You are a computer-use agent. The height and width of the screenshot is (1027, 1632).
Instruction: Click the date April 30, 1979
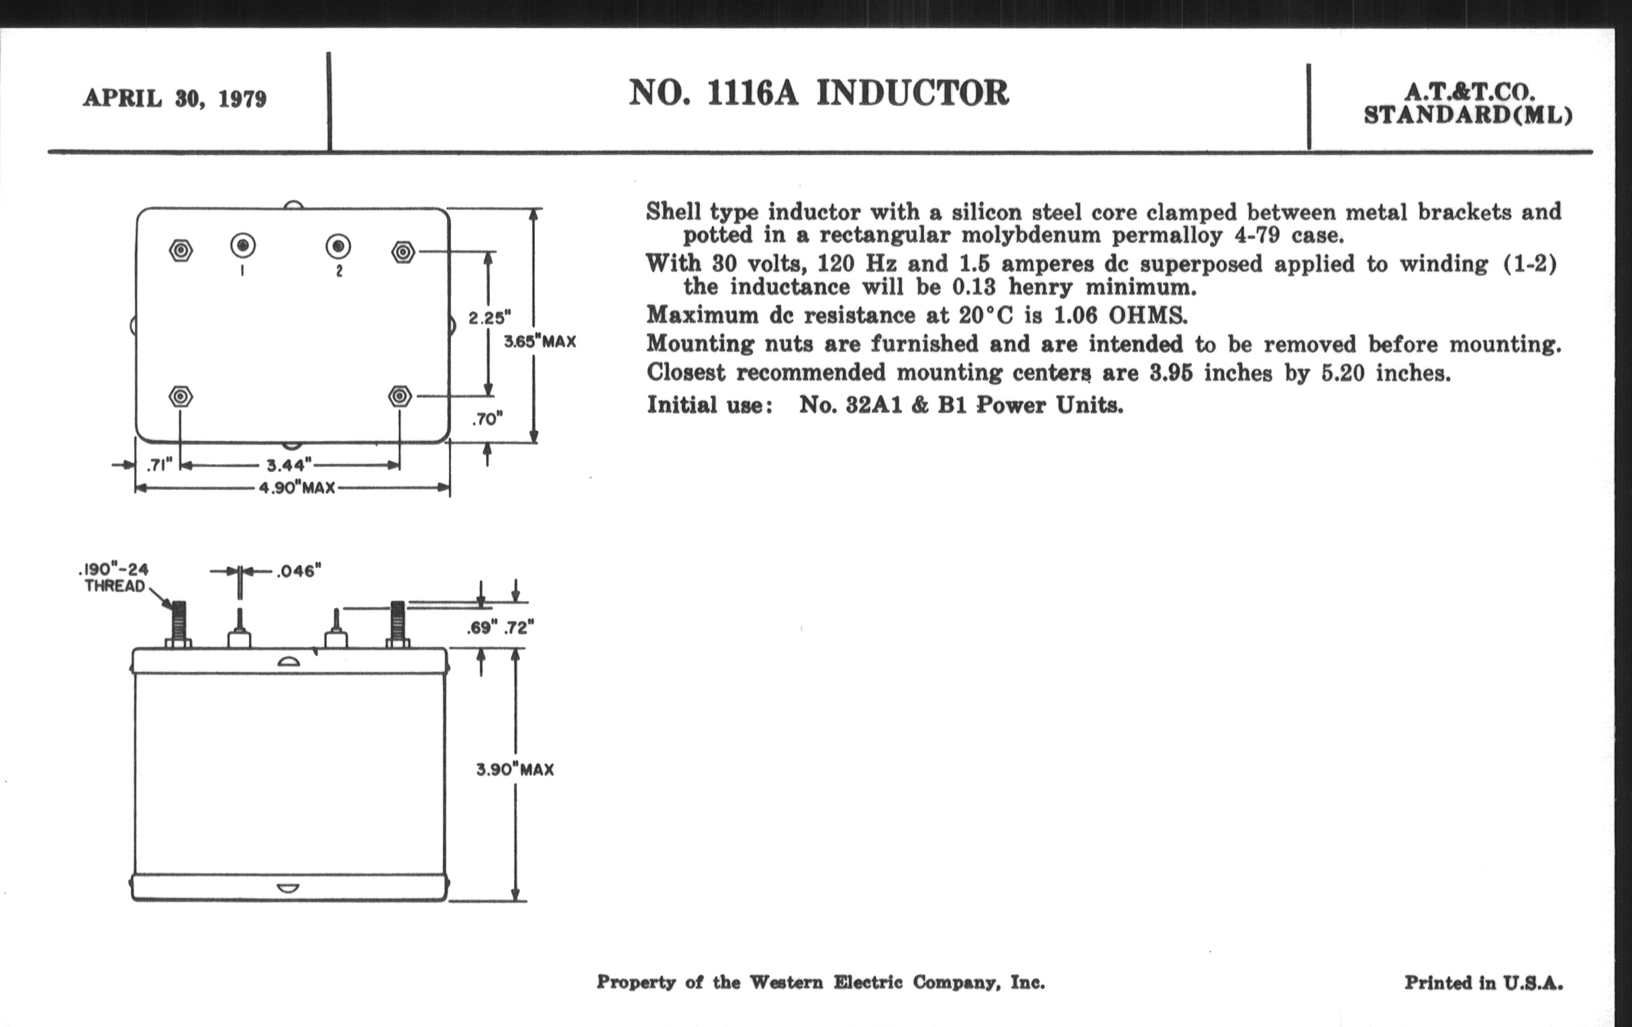pos(175,99)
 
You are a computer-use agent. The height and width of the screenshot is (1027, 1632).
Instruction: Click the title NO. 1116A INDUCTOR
pos(819,93)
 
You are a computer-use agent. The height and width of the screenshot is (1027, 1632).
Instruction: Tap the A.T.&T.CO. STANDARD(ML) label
pos(1468,104)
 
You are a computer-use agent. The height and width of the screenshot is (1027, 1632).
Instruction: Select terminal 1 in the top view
pos(243,246)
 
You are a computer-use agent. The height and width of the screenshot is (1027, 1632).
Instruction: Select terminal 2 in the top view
pos(338,246)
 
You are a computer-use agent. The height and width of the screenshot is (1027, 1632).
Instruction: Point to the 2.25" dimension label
pos(489,317)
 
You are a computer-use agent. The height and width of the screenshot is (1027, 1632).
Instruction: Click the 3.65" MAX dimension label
pos(540,342)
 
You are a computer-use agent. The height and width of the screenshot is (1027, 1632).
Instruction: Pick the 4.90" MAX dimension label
pos(297,488)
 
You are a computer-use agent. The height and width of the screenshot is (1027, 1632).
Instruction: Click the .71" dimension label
pos(160,465)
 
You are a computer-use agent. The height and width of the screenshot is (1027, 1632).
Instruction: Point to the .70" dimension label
pos(487,420)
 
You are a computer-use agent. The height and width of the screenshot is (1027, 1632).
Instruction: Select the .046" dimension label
pos(298,571)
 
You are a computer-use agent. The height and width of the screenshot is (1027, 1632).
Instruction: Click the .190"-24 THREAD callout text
pos(114,577)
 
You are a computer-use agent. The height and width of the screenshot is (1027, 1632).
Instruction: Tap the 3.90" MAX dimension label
pos(515,769)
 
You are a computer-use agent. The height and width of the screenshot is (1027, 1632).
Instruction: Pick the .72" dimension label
pos(519,628)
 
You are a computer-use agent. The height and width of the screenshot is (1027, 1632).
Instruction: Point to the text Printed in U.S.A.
pos(1483,982)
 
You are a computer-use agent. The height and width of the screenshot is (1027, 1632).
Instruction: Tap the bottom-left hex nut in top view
pos(180,396)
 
